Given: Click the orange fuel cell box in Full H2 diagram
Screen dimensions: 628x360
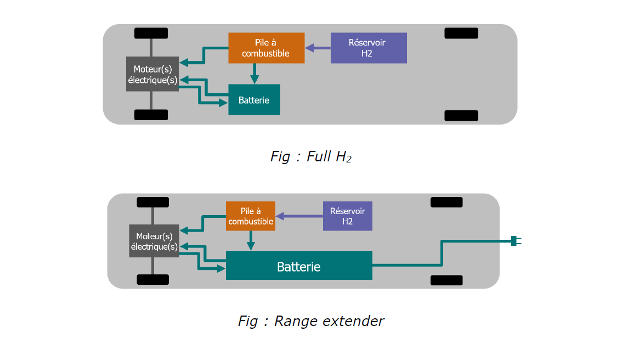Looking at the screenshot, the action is pos(267,48).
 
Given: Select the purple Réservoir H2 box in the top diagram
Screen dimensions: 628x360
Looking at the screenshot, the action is pos(369,48).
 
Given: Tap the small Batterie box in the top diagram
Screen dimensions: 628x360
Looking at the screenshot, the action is pos(254,99).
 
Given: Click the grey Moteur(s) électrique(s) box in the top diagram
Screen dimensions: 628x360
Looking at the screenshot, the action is pos(152,74).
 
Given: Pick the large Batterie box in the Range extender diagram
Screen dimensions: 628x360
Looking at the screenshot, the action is pos(299,266).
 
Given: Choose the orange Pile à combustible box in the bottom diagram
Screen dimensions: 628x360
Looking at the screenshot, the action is pos(250,216).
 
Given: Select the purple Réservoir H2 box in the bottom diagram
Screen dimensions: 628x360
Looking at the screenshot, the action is pos(347,216).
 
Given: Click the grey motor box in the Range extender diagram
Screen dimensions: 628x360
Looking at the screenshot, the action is pos(154,241).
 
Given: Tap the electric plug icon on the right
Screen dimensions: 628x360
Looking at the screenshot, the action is pos(516,241).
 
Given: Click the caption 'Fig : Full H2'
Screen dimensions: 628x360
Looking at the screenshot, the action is pos(311,156).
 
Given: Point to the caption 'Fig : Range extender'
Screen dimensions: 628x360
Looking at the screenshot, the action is pos(311,321).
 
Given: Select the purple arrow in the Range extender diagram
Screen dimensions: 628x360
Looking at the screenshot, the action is pos(299,216).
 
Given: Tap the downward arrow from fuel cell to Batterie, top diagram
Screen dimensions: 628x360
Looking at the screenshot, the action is pos(254,74).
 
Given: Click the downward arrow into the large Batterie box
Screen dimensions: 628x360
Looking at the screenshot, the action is pos(251,241).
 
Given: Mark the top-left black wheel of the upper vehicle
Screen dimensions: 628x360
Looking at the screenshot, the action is pos(151,33).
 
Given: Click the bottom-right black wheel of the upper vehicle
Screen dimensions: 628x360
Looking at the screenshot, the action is pos(461,115).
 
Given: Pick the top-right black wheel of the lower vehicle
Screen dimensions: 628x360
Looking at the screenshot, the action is pos(446,203).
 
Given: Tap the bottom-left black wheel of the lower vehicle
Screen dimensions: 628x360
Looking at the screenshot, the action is pos(152,279).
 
